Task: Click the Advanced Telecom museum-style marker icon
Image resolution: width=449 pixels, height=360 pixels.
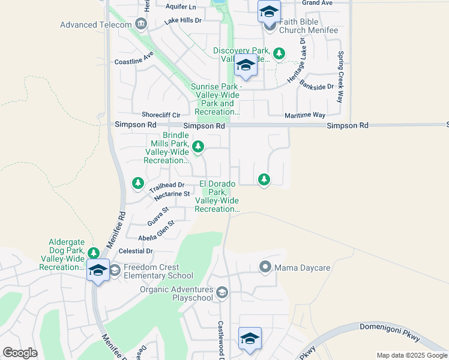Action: [142, 24]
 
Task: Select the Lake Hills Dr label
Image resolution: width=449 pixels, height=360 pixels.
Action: [183, 21]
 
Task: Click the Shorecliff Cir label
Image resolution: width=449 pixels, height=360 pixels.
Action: [161, 115]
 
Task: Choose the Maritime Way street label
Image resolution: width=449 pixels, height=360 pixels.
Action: [305, 115]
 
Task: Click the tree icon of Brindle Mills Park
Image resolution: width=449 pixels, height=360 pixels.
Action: [197, 146]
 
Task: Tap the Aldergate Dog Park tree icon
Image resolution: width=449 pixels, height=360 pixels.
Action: [93, 253]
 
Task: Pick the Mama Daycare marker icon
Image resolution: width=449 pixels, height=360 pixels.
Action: [264, 266]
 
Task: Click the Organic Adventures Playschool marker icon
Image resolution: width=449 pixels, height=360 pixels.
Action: [222, 293]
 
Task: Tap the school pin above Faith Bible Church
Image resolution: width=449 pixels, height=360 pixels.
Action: [269, 11]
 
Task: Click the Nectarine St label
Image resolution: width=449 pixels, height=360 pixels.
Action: [172, 194]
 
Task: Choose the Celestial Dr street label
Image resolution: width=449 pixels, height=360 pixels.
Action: [137, 251]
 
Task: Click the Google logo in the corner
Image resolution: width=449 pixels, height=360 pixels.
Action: [20, 353]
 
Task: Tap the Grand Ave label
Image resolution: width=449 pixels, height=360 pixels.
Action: [318, 3]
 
